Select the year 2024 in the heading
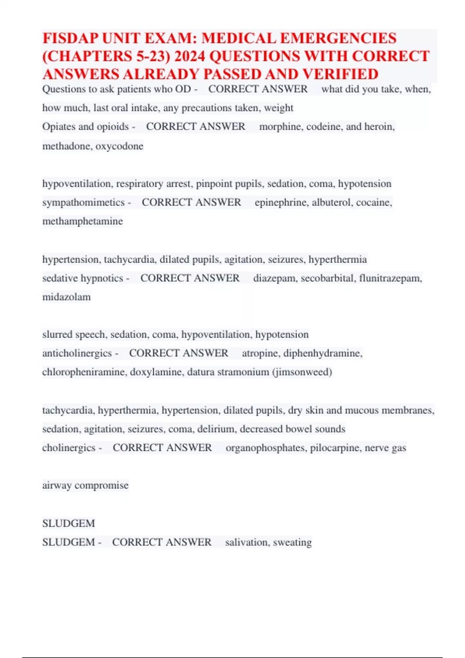[x=189, y=57]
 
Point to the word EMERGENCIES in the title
[x=338, y=38]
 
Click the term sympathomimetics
[x=83, y=202]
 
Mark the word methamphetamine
[x=83, y=221]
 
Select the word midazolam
[x=67, y=297]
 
